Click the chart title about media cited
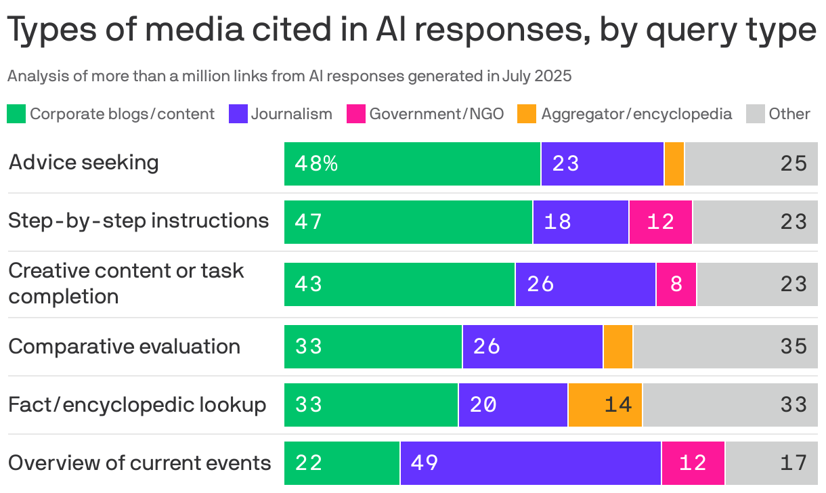(411, 31)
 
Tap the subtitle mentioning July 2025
(289, 76)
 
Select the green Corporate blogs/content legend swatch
(16, 114)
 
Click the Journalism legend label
(292, 114)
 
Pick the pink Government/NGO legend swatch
(355, 114)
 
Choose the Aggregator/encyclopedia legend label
(636, 114)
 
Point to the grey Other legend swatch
(755, 114)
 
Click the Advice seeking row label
(83, 163)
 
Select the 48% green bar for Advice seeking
(412, 164)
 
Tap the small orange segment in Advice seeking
(674, 164)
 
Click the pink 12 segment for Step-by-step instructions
(660, 222)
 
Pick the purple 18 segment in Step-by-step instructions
(580, 222)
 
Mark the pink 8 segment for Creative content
(676, 284)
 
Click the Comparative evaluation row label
(124, 347)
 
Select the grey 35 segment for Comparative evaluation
(724, 347)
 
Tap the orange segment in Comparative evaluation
(617, 347)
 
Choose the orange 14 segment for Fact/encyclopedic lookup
(605, 405)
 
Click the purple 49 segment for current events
(530, 463)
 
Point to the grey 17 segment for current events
(770, 463)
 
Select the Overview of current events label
(139, 463)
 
